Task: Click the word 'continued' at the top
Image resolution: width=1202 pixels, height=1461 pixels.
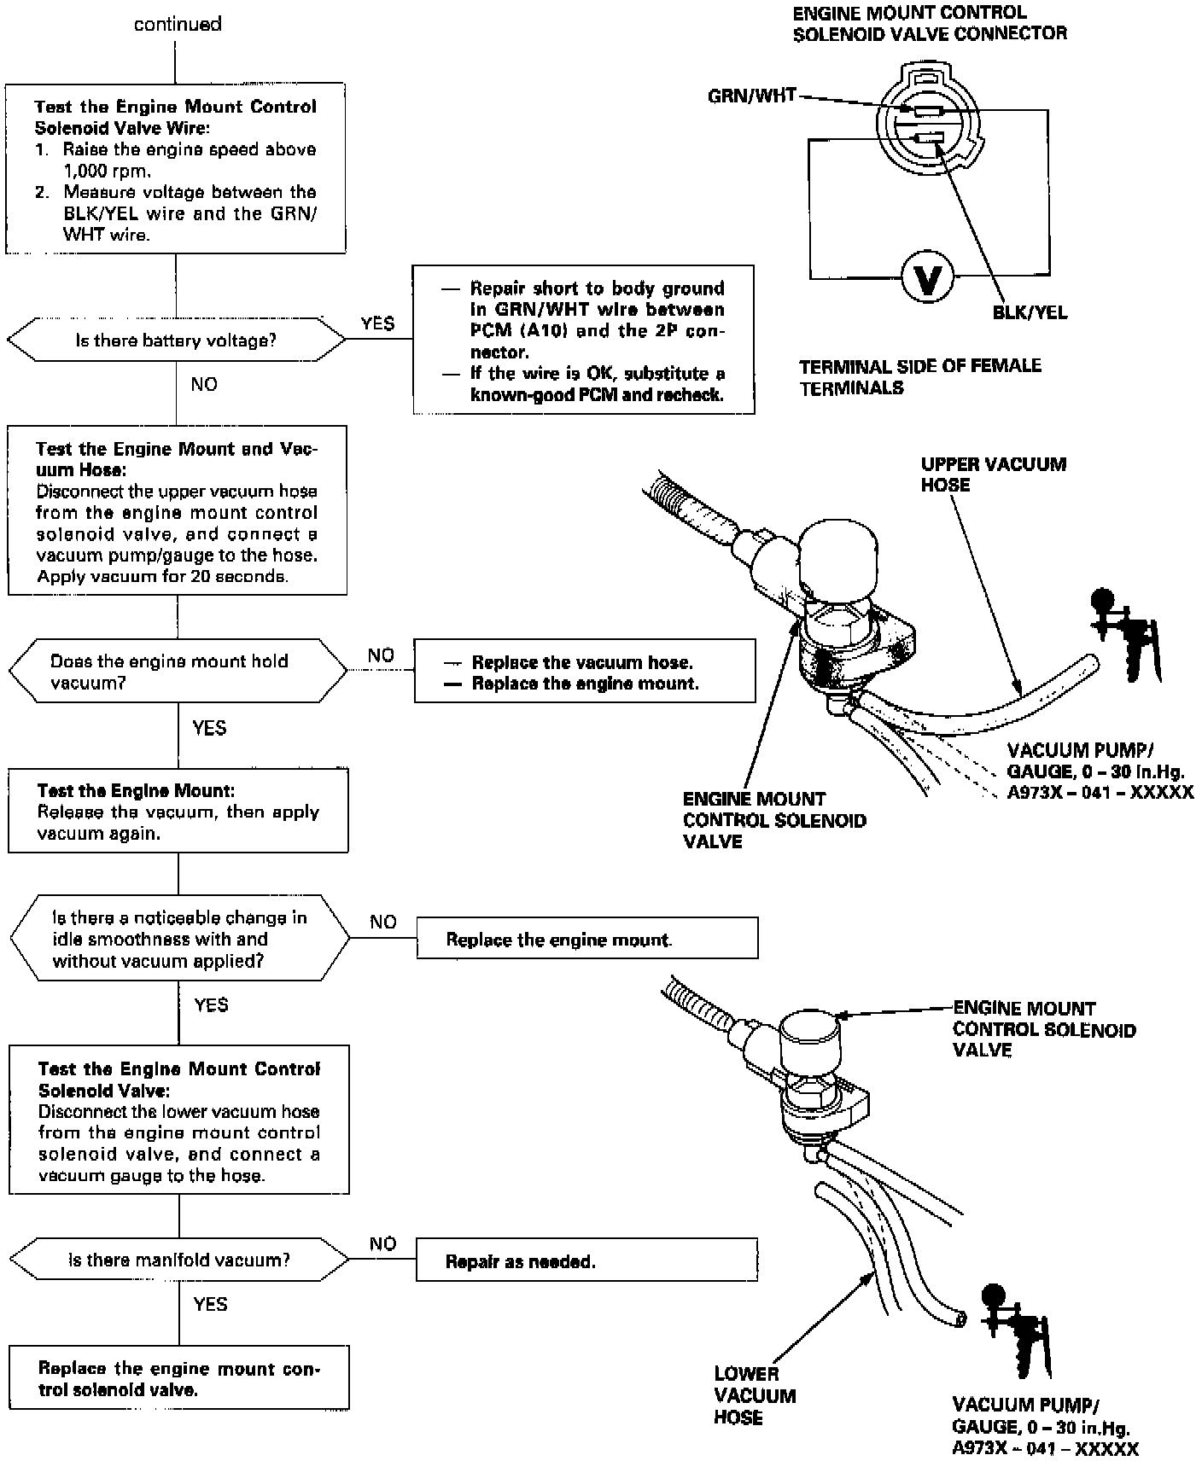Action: pyautogui.click(x=178, y=24)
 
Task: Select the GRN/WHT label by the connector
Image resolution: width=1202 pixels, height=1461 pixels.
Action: pyautogui.click(x=751, y=96)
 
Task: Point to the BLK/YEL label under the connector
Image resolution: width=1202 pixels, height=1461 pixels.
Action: pyautogui.click(x=1030, y=312)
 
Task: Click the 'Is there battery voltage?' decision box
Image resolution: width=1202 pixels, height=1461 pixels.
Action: pyautogui.click(x=176, y=341)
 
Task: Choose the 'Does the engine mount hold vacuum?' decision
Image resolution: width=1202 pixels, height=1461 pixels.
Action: pyautogui.click(x=178, y=672)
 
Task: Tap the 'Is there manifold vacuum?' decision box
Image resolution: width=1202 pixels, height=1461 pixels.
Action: pyautogui.click(x=179, y=1260)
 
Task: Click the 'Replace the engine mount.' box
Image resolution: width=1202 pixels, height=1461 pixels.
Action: pyautogui.click(x=586, y=940)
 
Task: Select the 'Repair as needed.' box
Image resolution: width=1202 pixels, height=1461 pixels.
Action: pyautogui.click(x=586, y=1261)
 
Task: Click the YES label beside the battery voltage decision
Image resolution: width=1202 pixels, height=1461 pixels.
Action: pyautogui.click(x=377, y=323)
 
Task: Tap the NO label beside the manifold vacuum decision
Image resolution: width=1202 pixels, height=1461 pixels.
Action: pyautogui.click(x=383, y=1243)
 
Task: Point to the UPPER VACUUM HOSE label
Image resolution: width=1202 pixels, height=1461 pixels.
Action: pyautogui.click(x=993, y=474)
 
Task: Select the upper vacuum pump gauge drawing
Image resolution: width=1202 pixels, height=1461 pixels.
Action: pyautogui.click(x=1123, y=636)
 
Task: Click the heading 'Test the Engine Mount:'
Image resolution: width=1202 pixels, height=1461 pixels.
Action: pyautogui.click(x=136, y=791)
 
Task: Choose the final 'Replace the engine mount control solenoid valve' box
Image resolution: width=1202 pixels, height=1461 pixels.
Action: pyautogui.click(x=178, y=1378)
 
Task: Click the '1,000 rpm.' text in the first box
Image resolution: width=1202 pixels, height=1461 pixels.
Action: pyautogui.click(x=108, y=170)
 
